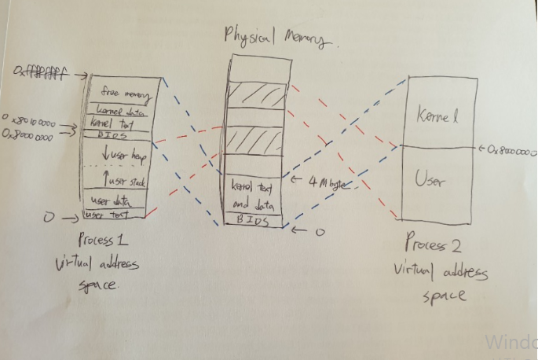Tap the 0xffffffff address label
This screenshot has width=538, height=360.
[x=38, y=73]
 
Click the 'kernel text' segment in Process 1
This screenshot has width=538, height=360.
[x=114, y=123]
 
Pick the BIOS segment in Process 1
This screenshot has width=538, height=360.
[x=115, y=135]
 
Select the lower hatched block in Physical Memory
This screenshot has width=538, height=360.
[x=254, y=143]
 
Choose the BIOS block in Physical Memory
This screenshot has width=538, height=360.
[x=254, y=221]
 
